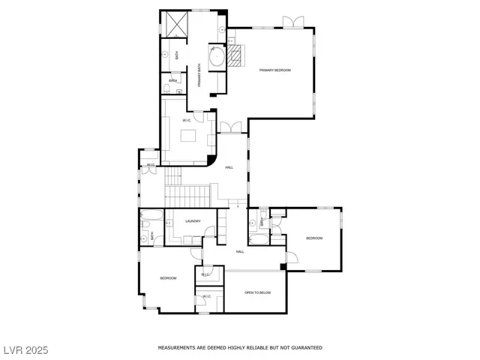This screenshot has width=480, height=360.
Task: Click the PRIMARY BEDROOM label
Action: (x=274, y=70)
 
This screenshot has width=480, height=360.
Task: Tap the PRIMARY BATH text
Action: (x=199, y=73)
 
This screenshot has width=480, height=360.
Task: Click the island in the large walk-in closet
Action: (x=187, y=136)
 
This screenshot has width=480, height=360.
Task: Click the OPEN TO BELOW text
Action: (x=257, y=292)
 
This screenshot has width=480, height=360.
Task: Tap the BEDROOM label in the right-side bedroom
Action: (x=313, y=238)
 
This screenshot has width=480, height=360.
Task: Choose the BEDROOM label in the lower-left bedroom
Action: (x=168, y=278)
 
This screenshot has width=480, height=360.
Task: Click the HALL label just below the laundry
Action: (x=240, y=251)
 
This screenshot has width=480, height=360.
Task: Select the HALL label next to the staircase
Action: (x=229, y=167)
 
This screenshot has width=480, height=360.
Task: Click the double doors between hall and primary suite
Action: (x=232, y=127)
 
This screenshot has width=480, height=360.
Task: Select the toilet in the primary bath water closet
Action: (x=165, y=89)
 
